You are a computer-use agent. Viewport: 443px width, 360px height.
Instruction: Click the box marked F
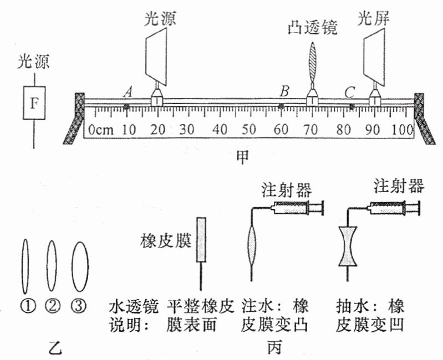coord(33,103)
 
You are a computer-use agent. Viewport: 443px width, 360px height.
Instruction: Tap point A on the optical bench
coord(127,106)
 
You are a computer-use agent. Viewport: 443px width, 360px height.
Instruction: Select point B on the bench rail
coord(282,105)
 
